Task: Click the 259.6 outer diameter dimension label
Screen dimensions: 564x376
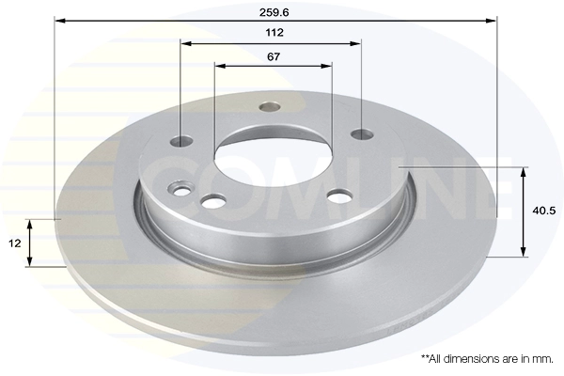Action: pyautogui.click(x=274, y=12)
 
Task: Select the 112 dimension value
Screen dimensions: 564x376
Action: pyautogui.click(x=274, y=32)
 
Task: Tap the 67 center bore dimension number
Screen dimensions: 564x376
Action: pyautogui.click(x=274, y=56)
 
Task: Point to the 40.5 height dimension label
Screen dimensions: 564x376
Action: pyautogui.click(x=544, y=211)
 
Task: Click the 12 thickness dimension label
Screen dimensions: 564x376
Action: pyautogui.click(x=15, y=243)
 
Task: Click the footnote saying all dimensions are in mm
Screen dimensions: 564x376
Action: pyautogui.click(x=487, y=359)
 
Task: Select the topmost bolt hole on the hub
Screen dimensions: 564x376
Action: pyautogui.click(x=270, y=106)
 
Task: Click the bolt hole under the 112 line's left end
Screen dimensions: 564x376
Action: pyautogui.click(x=180, y=141)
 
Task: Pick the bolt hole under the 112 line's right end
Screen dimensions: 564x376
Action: pyautogui.click(x=362, y=134)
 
